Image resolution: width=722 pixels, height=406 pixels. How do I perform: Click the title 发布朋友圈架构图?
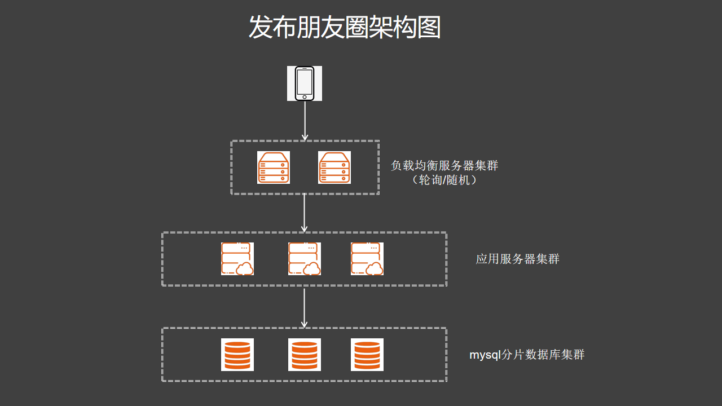(345, 27)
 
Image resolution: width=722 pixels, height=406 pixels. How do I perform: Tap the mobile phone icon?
(305, 83)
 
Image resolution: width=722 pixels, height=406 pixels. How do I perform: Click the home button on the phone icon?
(305, 97)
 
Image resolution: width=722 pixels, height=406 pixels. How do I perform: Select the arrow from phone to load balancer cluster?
(305, 121)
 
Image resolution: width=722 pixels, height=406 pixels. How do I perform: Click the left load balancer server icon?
(274, 167)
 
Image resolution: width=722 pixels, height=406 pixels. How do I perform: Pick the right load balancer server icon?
(334, 167)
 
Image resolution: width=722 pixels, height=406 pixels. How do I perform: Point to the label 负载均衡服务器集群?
(444, 166)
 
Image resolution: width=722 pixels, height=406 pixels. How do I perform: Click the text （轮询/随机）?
(444, 180)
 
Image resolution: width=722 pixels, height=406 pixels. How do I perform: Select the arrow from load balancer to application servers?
(305, 213)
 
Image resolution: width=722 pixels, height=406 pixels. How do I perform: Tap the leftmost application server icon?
(237, 258)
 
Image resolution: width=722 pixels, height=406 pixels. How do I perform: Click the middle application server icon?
(305, 258)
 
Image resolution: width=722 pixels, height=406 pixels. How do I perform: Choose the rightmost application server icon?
(367, 258)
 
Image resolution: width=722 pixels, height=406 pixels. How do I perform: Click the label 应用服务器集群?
(518, 259)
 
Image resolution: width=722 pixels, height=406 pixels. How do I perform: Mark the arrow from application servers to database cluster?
(305, 307)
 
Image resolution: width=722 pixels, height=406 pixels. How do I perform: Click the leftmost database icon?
(237, 355)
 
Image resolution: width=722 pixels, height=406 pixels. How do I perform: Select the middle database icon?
(305, 355)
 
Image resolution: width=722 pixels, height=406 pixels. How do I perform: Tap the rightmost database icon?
(367, 355)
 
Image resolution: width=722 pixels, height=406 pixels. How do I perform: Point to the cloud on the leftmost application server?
(245, 269)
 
